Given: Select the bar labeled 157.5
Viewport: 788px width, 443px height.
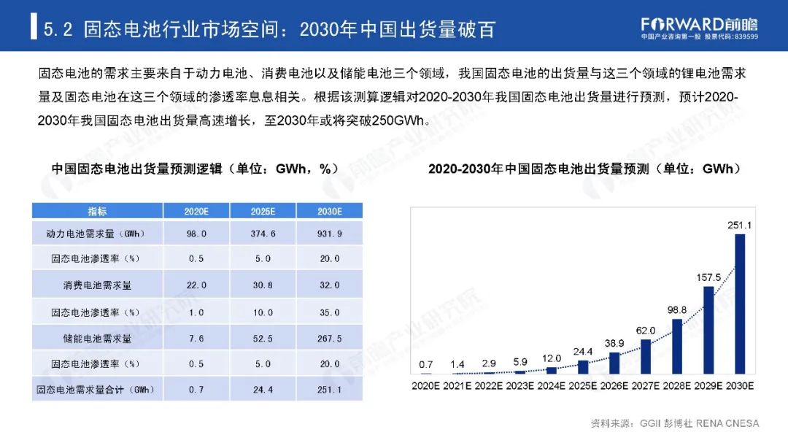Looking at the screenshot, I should point(708,329).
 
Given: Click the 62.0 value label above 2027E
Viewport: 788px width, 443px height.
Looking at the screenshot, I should point(645,330).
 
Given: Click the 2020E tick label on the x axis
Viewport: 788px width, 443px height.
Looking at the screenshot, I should point(425,385).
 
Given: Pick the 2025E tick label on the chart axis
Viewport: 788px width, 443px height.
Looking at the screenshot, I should point(582,385).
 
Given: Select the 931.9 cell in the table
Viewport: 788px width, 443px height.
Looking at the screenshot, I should point(329,234).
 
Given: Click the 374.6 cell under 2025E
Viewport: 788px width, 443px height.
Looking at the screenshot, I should point(263,234).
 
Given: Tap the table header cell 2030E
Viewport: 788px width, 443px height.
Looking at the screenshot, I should point(329,211).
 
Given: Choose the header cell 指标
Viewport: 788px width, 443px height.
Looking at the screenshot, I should point(97,211).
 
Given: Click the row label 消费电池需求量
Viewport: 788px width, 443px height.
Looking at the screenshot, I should point(97,285).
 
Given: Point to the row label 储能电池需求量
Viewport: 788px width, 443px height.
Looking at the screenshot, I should point(97,338).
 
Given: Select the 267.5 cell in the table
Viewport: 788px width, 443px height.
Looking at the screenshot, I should point(329,338).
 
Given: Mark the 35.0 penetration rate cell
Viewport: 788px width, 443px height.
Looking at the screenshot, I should point(329,312).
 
